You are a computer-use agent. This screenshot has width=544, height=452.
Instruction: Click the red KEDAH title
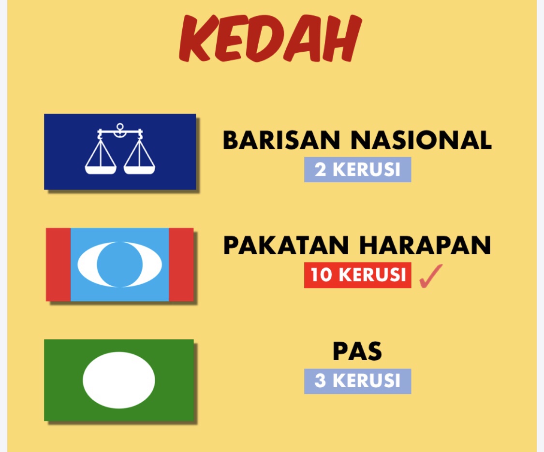(270, 38)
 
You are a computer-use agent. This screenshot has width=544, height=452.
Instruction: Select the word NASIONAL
(421, 140)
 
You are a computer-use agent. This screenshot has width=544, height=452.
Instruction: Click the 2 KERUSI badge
(358, 170)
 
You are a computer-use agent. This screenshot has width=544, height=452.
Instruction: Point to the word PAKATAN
(286, 245)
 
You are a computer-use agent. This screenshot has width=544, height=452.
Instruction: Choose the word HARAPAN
(426, 245)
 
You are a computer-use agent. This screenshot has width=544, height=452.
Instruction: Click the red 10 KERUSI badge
(358, 275)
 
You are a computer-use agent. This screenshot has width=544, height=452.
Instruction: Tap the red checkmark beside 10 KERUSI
(431, 276)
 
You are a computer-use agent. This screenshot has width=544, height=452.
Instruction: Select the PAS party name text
(357, 351)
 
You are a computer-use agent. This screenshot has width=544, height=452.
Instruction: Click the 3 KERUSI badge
(358, 381)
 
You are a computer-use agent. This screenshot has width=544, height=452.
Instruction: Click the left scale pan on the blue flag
(101, 170)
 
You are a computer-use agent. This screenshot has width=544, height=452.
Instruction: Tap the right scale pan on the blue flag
(139, 170)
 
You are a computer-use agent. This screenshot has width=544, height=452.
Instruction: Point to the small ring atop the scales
(120, 126)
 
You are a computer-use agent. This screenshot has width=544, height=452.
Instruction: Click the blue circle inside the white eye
(120, 265)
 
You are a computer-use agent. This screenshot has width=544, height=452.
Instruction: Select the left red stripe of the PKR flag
(59, 265)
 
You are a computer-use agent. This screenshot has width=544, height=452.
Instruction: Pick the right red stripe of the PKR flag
(181, 265)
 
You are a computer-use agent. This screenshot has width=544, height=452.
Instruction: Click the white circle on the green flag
(119, 380)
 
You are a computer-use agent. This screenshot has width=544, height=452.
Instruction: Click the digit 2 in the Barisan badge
(320, 170)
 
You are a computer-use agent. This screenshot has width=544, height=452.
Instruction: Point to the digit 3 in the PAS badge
(320, 381)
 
